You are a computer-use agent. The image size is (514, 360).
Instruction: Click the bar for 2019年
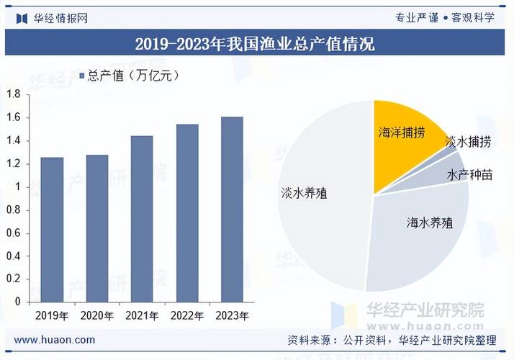pos(51,230)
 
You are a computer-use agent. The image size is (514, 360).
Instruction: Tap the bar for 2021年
pos(141,220)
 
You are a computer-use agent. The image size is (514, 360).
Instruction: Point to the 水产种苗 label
pos(469,175)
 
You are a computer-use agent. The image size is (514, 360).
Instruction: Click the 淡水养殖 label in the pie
pos(304,193)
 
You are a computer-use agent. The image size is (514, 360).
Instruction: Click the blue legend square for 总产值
pos(81,75)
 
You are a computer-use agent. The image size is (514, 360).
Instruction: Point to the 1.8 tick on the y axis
pos(13,94)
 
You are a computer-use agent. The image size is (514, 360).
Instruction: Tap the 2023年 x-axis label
pos(232,315)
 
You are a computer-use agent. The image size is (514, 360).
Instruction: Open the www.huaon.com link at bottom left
pos(55,340)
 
